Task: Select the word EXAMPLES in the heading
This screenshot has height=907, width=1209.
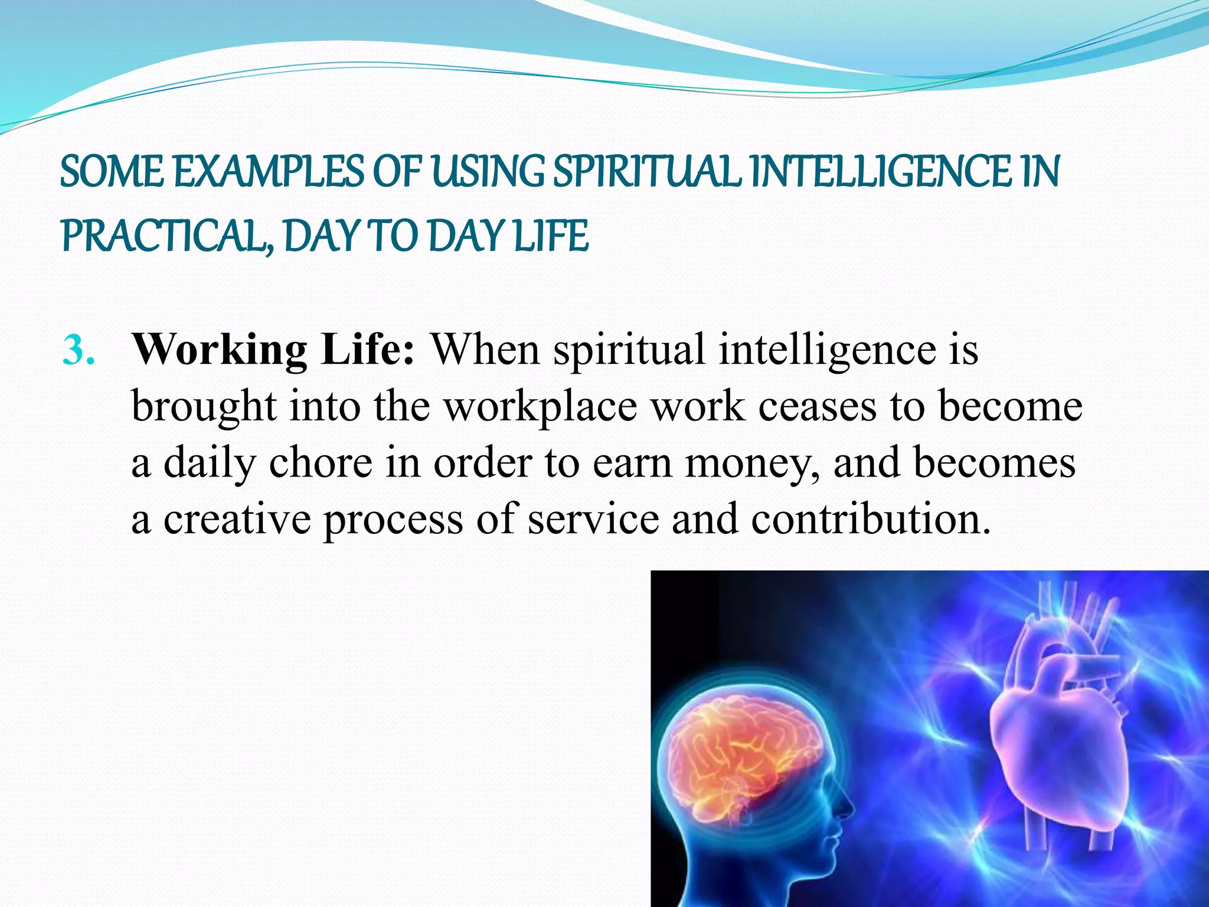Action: tap(268, 172)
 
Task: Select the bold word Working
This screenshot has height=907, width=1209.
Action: tap(219, 351)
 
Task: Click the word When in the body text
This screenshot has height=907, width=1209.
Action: tap(485, 350)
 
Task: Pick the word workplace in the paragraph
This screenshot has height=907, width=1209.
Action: tap(540, 407)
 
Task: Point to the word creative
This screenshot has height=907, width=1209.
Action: tap(237, 520)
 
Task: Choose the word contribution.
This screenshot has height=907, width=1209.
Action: tap(870, 520)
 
